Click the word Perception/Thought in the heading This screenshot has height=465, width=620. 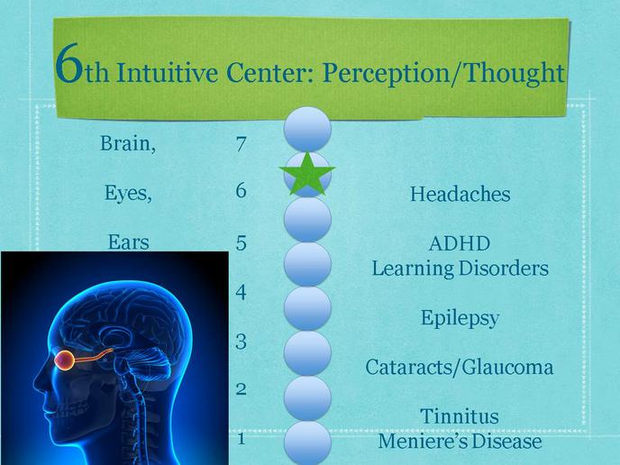tap(443, 73)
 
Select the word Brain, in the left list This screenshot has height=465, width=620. tap(128, 143)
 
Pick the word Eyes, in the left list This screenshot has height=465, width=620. tap(128, 193)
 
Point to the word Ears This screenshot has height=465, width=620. tap(129, 242)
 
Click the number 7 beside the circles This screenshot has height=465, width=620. tap(242, 144)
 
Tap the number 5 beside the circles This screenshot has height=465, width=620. tap(242, 242)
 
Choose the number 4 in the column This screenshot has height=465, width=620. tap(242, 292)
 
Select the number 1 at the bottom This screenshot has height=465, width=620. tap(242, 439)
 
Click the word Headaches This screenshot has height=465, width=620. tap(460, 194)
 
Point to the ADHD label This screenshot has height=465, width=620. tap(460, 243)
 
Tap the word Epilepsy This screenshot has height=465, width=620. tap(460, 318)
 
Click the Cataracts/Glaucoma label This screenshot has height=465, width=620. tap(459, 368)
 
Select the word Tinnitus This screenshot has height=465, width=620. tap(460, 416)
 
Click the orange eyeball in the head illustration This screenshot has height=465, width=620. tap(64, 360)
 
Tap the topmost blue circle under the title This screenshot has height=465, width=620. tap(307, 129)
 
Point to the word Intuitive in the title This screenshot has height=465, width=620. tap(167, 72)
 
